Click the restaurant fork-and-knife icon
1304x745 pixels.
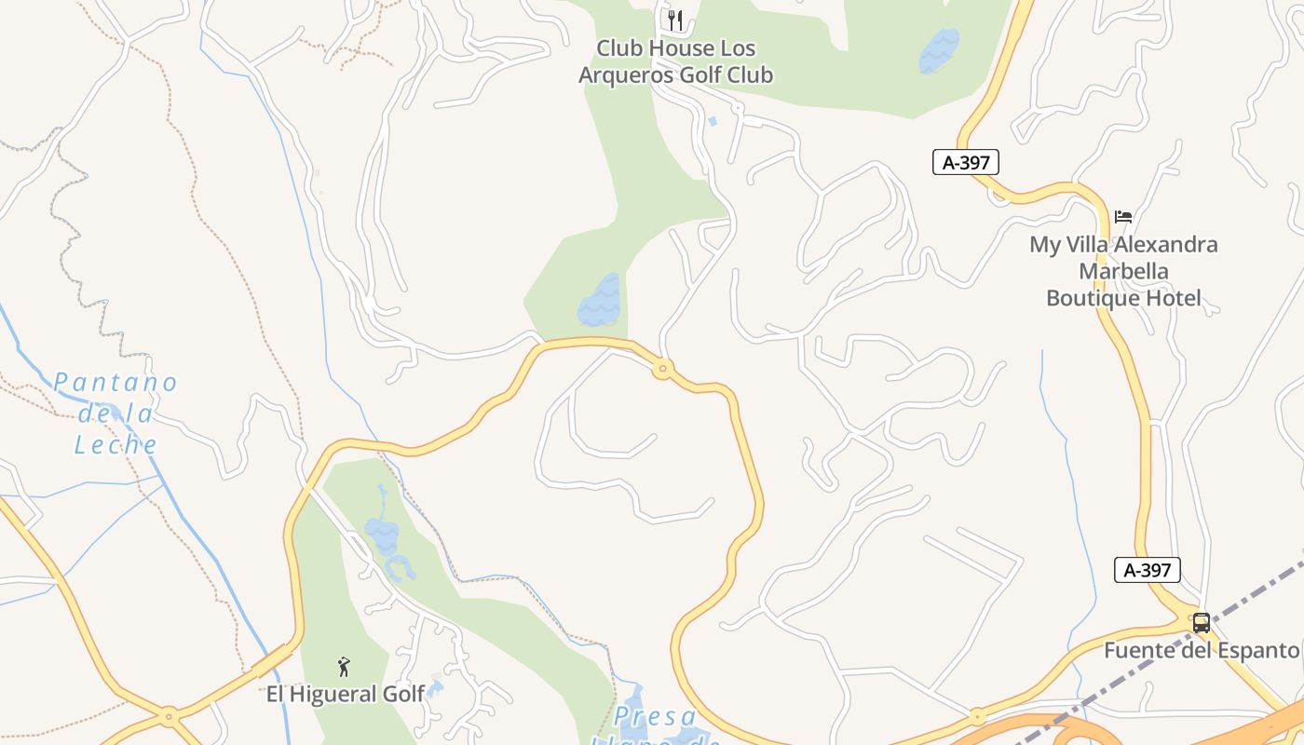tap(676, 20)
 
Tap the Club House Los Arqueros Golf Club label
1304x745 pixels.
tap(676, 61)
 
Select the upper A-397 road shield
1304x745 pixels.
tap(966, 162)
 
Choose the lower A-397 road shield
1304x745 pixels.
tap(1148, 570)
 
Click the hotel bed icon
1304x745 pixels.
tap(1123, 217)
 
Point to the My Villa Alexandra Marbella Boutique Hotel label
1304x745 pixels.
tap(1123, 271)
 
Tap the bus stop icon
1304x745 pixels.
tap(1202, 623)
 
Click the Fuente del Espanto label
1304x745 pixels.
tap(1202, 650)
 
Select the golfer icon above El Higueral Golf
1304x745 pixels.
tap(344, 667)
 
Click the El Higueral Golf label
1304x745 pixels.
tap(346, 694)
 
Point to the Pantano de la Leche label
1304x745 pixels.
tap(115, 413)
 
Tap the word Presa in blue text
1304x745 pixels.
tap(656, 717)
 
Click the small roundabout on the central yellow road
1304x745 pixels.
tap(663, 370)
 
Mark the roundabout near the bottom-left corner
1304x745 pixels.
tap(169, 718)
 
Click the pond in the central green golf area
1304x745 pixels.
tap(600, 300)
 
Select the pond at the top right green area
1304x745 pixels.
tap(939, 50)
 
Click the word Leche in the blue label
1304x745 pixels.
tap(115, 444)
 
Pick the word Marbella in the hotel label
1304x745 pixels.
tap(1123, 271)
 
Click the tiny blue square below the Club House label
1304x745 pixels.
tap(713, 121)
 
